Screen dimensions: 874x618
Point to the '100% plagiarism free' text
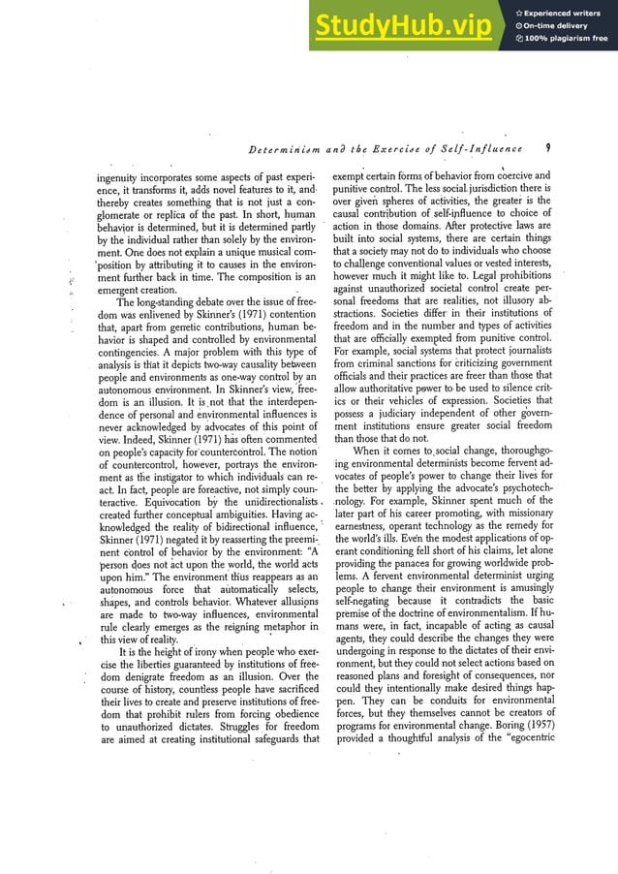(566, 39)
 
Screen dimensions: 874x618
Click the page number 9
(547, 148)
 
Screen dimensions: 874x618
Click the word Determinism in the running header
(280, 149)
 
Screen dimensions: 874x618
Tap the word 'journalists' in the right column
(520, 350)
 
